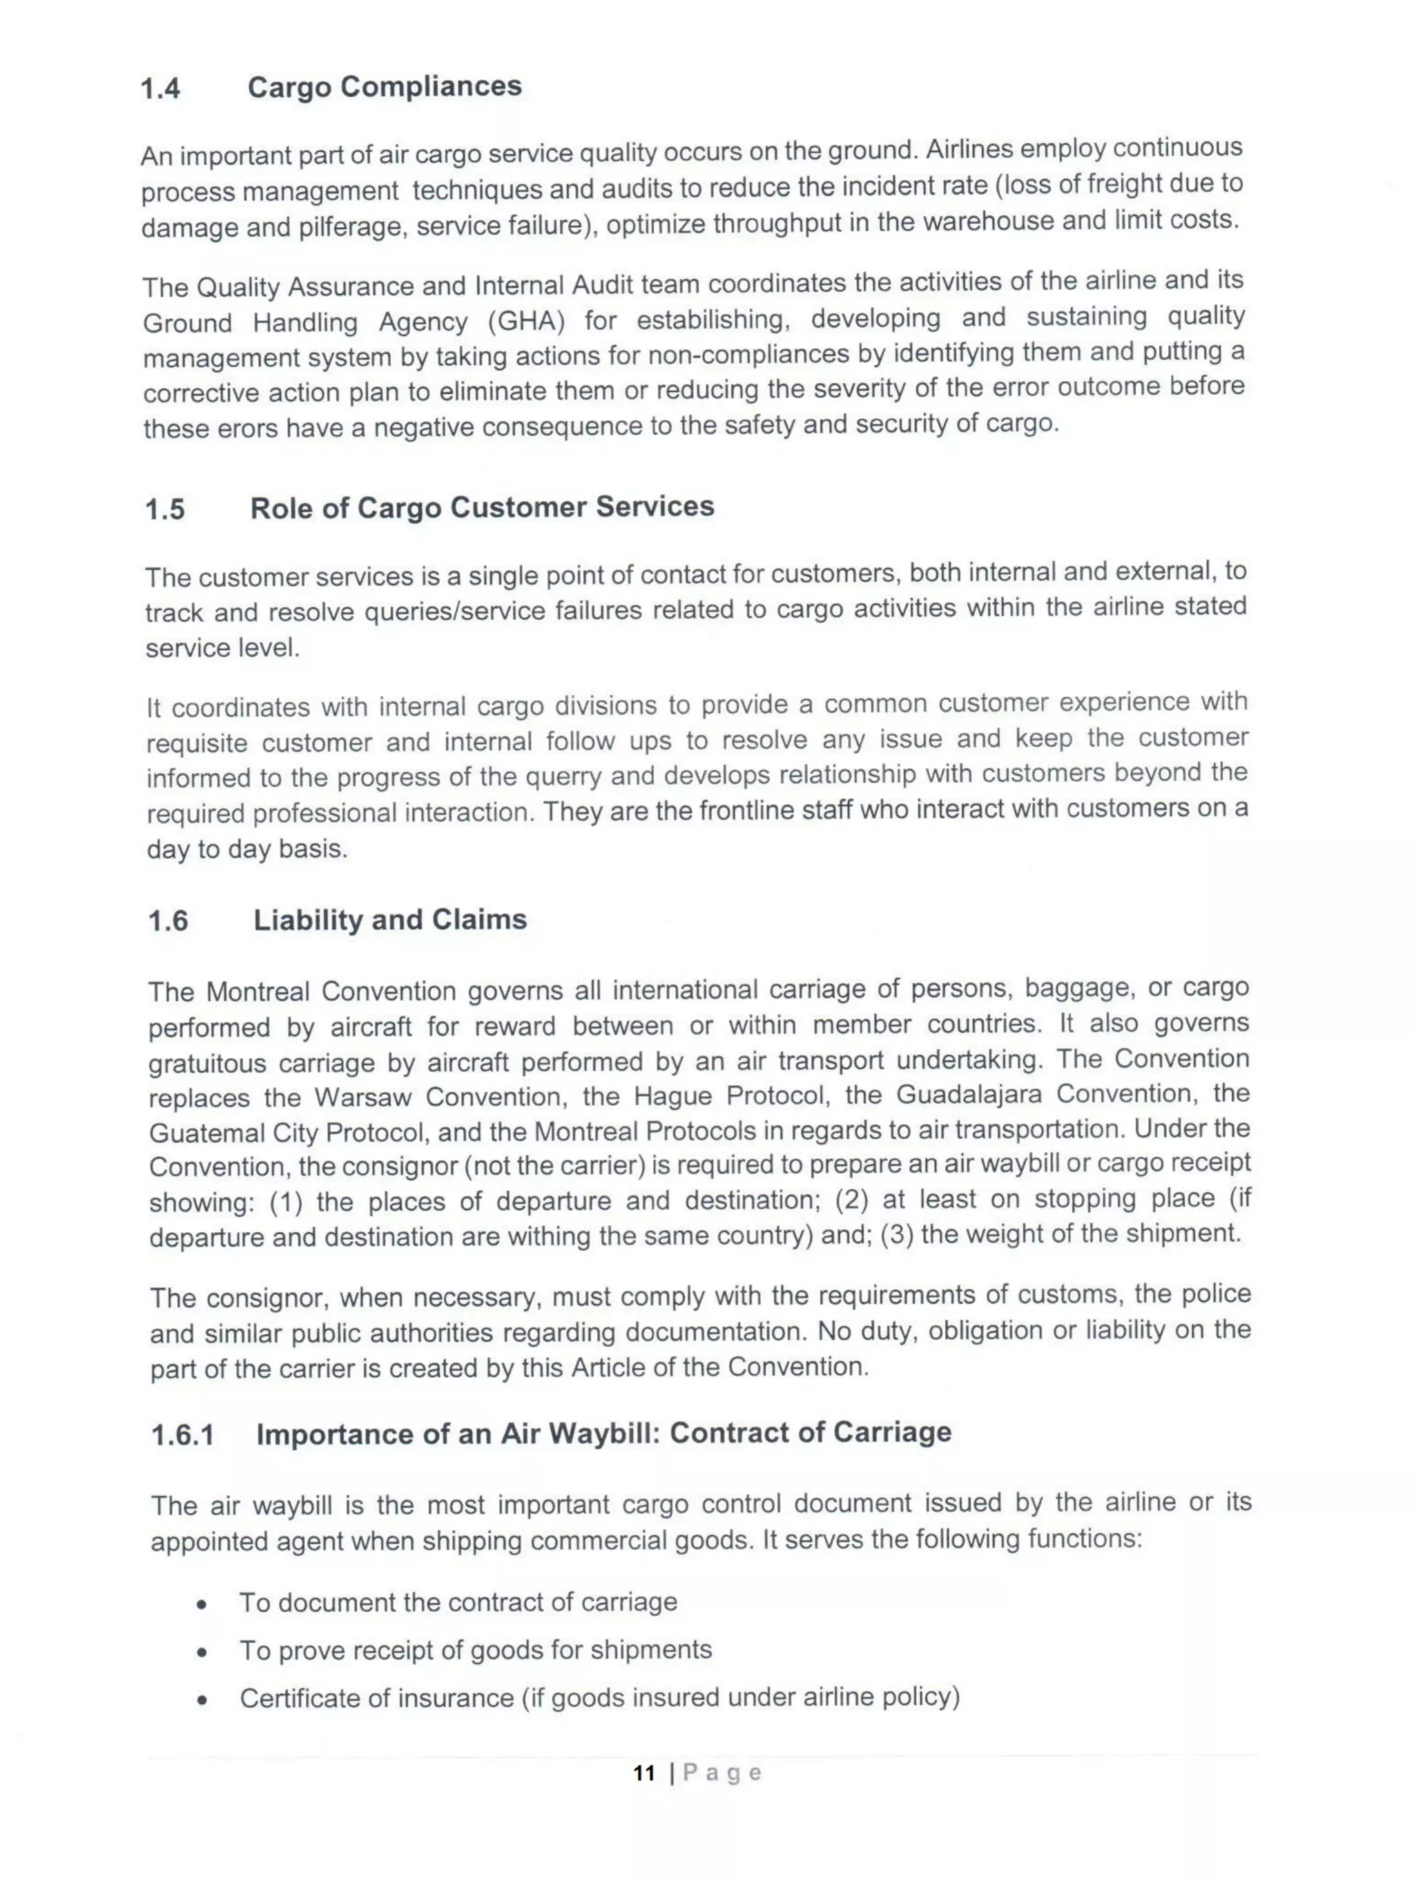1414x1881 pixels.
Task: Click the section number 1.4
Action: [160, 88]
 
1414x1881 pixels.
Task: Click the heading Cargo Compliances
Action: [385, 86]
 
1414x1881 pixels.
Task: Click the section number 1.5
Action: [164, 509]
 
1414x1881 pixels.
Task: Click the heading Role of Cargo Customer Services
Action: [481, 507]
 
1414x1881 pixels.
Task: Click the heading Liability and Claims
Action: [389, 919]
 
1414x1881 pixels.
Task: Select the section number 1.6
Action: [168, 921]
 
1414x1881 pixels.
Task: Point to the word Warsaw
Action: [362, 1097]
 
